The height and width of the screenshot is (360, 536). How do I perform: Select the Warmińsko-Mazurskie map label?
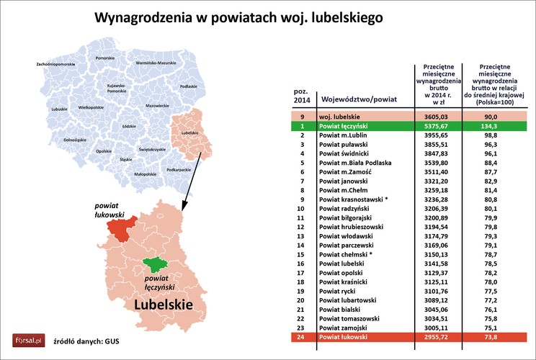click(x=156, y=63)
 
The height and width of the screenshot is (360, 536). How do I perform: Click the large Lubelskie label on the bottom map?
click(x=162, y=305)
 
